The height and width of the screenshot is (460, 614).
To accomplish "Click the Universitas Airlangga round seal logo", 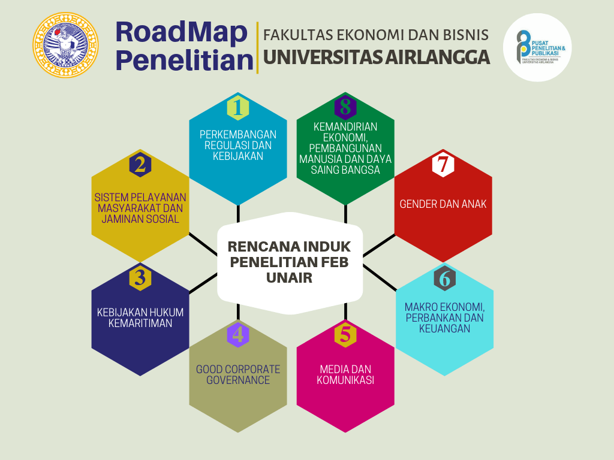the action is pos(65,45).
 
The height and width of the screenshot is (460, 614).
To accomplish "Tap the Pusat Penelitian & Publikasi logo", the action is pos(537,47).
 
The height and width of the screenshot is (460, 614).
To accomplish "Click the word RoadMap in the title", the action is pos(182,32).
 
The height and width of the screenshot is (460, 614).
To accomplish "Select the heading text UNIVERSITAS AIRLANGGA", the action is pos(377,57).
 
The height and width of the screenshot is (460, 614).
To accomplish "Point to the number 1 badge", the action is pos(238,108).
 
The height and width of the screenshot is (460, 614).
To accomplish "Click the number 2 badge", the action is pos(140,164).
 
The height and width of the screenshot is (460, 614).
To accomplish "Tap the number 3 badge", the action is pos(140,278).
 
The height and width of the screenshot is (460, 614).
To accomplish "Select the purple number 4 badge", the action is pos(238,335).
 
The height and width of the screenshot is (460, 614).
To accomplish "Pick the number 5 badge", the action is pos(345,335).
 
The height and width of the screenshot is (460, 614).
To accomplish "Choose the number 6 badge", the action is pos(445,278).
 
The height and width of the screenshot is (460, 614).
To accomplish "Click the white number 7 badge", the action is pos(443,164).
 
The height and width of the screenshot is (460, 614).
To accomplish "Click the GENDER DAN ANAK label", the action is pos(443,204).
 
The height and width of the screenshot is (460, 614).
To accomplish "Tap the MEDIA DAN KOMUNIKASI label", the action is pos(345,374).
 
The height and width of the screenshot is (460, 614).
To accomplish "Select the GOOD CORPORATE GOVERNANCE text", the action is pos(238,374).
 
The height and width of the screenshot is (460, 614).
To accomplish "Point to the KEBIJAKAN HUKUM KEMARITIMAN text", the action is pos(140,317).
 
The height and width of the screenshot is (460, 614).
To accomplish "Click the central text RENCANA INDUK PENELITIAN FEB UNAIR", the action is pos(290,262).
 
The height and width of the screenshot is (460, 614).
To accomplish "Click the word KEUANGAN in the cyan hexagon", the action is pos(444,329).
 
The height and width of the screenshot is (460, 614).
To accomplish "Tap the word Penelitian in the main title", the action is pos(185,60).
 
